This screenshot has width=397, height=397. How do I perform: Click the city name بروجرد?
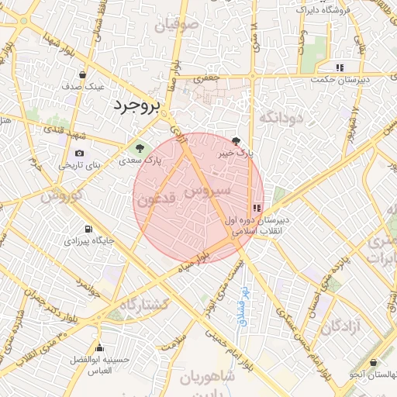135,105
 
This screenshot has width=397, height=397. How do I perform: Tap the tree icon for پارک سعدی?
140,147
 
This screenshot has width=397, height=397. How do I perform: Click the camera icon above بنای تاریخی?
80,153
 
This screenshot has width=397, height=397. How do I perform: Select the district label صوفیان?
177,25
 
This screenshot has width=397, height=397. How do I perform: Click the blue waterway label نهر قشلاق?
243,304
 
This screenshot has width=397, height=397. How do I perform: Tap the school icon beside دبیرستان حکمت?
340,67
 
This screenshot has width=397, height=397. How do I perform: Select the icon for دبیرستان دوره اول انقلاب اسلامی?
256,207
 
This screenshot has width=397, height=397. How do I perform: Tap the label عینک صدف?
88,85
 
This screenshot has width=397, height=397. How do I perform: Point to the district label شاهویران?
207,378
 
